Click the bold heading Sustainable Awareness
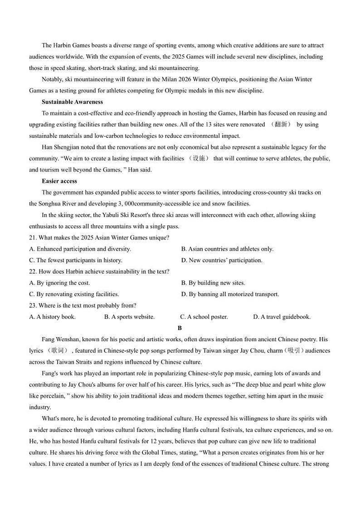click(72, 102)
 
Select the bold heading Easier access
click(59, 181)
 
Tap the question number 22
click(32, 272)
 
